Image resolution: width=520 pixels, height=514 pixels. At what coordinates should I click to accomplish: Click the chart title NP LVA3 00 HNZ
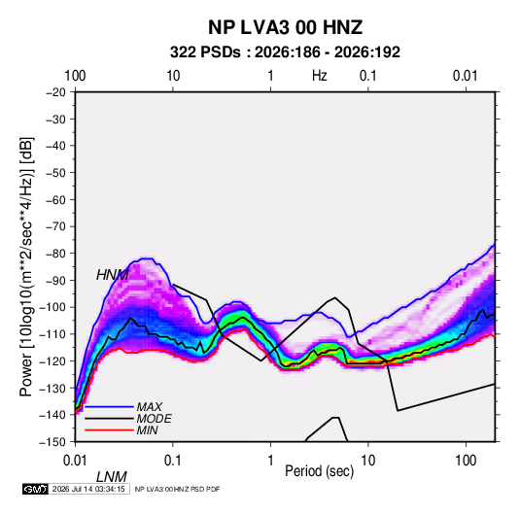point(285,27)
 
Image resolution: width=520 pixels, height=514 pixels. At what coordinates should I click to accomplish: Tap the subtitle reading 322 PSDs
point(205,52)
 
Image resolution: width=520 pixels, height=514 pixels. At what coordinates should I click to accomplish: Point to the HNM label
point(113,275)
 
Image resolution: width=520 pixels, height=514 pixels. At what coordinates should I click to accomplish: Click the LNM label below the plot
point(112,477)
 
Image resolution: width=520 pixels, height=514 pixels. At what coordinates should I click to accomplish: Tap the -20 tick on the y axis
point(55,92)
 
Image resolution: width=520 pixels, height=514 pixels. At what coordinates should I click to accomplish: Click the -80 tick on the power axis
point(55,254)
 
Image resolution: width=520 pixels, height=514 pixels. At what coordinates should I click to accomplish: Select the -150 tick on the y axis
point(52,442)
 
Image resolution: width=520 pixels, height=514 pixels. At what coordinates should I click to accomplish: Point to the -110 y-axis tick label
point(52,334)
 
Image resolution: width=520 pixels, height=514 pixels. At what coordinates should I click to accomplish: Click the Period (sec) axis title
point(320,471)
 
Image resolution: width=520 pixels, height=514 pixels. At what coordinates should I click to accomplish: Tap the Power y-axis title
point(26,266)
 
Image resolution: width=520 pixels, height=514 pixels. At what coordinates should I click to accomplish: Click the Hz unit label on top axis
point(320,76)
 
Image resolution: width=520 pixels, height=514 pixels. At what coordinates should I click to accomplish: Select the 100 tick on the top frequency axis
point(75,76)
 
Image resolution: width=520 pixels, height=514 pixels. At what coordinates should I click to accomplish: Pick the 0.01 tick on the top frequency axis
point(466,76)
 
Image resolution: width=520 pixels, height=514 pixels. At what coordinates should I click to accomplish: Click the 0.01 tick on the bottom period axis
point(75,461)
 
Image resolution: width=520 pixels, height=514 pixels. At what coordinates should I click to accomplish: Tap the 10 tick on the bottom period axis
point(368,461)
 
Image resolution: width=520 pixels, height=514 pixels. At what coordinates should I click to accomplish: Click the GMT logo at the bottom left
point(36,489)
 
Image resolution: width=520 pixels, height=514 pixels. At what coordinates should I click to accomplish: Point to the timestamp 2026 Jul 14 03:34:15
point(88,489)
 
